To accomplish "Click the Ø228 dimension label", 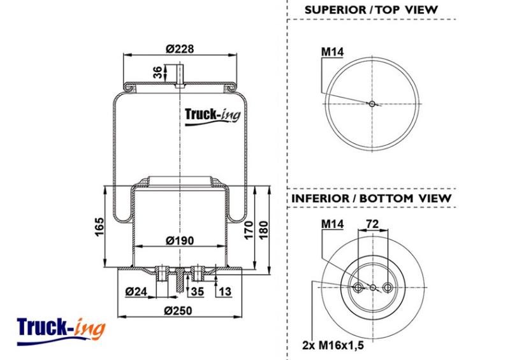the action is [180, 49].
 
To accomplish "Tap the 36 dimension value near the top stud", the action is [157, 72].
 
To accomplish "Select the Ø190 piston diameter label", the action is [180, 241].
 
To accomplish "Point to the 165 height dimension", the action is [99, 227].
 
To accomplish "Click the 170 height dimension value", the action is [249, 230].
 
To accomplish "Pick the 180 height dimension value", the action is [263, 230].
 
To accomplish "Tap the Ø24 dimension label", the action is [136, 291].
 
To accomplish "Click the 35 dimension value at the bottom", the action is [197, 291].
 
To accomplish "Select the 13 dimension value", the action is [225, 291].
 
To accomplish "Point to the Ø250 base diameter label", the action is [178, 310].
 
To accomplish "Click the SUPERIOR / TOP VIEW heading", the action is [371, 10].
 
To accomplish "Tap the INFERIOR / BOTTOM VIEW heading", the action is [371, 198].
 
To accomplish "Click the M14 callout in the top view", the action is [332, 52].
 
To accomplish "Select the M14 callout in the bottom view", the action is [332, 224].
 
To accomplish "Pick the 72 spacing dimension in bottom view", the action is [372, 224].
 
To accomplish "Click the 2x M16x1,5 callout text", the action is [333, 345].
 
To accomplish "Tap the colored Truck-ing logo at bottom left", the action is [61, 331].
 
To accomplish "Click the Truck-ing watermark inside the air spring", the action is [213, 117].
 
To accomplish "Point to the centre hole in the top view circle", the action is [372, 104].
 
